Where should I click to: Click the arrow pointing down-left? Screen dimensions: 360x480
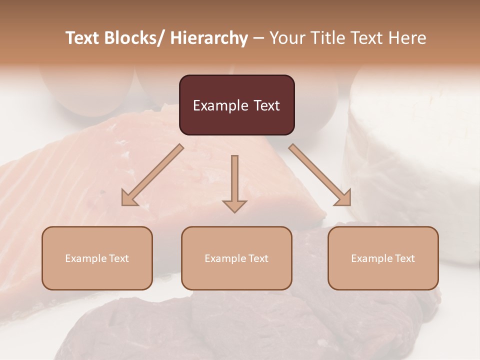tap(152, 175)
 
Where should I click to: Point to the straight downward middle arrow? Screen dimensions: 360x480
tap(234, 182)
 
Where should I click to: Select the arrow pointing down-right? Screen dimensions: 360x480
tap(320, 175)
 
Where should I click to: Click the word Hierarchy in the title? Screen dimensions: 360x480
tap(209, 38)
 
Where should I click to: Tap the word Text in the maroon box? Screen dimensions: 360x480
tap(266, 105)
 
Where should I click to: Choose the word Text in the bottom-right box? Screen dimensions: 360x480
tap(404, 258)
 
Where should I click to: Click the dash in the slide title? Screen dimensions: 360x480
tap(258, 38)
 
